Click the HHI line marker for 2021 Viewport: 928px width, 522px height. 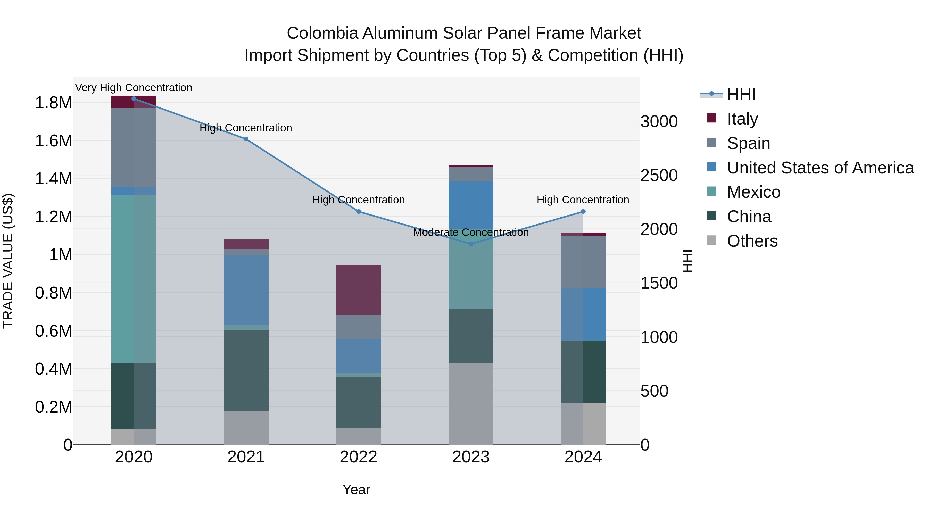click(x=246, y=139)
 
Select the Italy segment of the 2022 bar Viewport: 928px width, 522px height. click(x=359, y=290)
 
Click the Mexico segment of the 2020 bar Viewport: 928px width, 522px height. click(x=134, y=279)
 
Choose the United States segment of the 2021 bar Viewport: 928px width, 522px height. click(x=246, y=290)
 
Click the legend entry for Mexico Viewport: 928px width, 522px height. click(x=754, y=192)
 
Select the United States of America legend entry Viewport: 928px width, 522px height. click(x=820, y=168)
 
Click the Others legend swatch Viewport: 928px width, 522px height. click(x=711, y=240)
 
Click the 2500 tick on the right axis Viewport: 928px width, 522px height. click(x=659, y=176)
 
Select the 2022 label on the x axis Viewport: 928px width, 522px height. click(x=359, y=457)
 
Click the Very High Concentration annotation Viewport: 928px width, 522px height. click(x=134, y=88)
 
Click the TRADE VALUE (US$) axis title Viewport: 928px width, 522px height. click(x=8, y=261)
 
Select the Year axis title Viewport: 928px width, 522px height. click(x=356, y=490)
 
